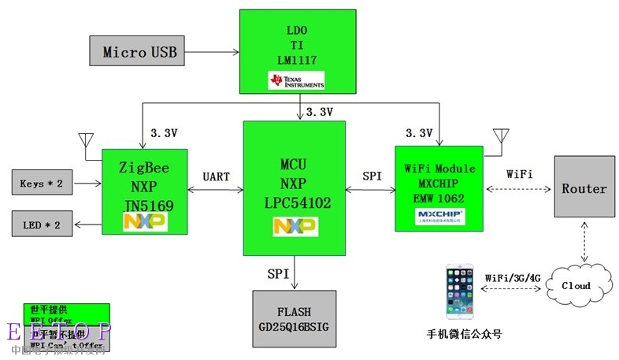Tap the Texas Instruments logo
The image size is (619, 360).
tap(296, 81)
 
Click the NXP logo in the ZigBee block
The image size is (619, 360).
tap(145, 222)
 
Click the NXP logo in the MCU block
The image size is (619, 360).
tap(295, 226)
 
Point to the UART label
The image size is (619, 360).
tap(216, 176)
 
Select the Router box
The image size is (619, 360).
tap(584, 188)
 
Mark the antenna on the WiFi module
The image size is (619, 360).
tap(499, 137)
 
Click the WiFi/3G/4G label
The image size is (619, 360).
tap(512, 277)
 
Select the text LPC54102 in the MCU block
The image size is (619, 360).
tap(295, 202)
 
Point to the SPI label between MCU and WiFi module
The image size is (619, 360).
tap(372, 176)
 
